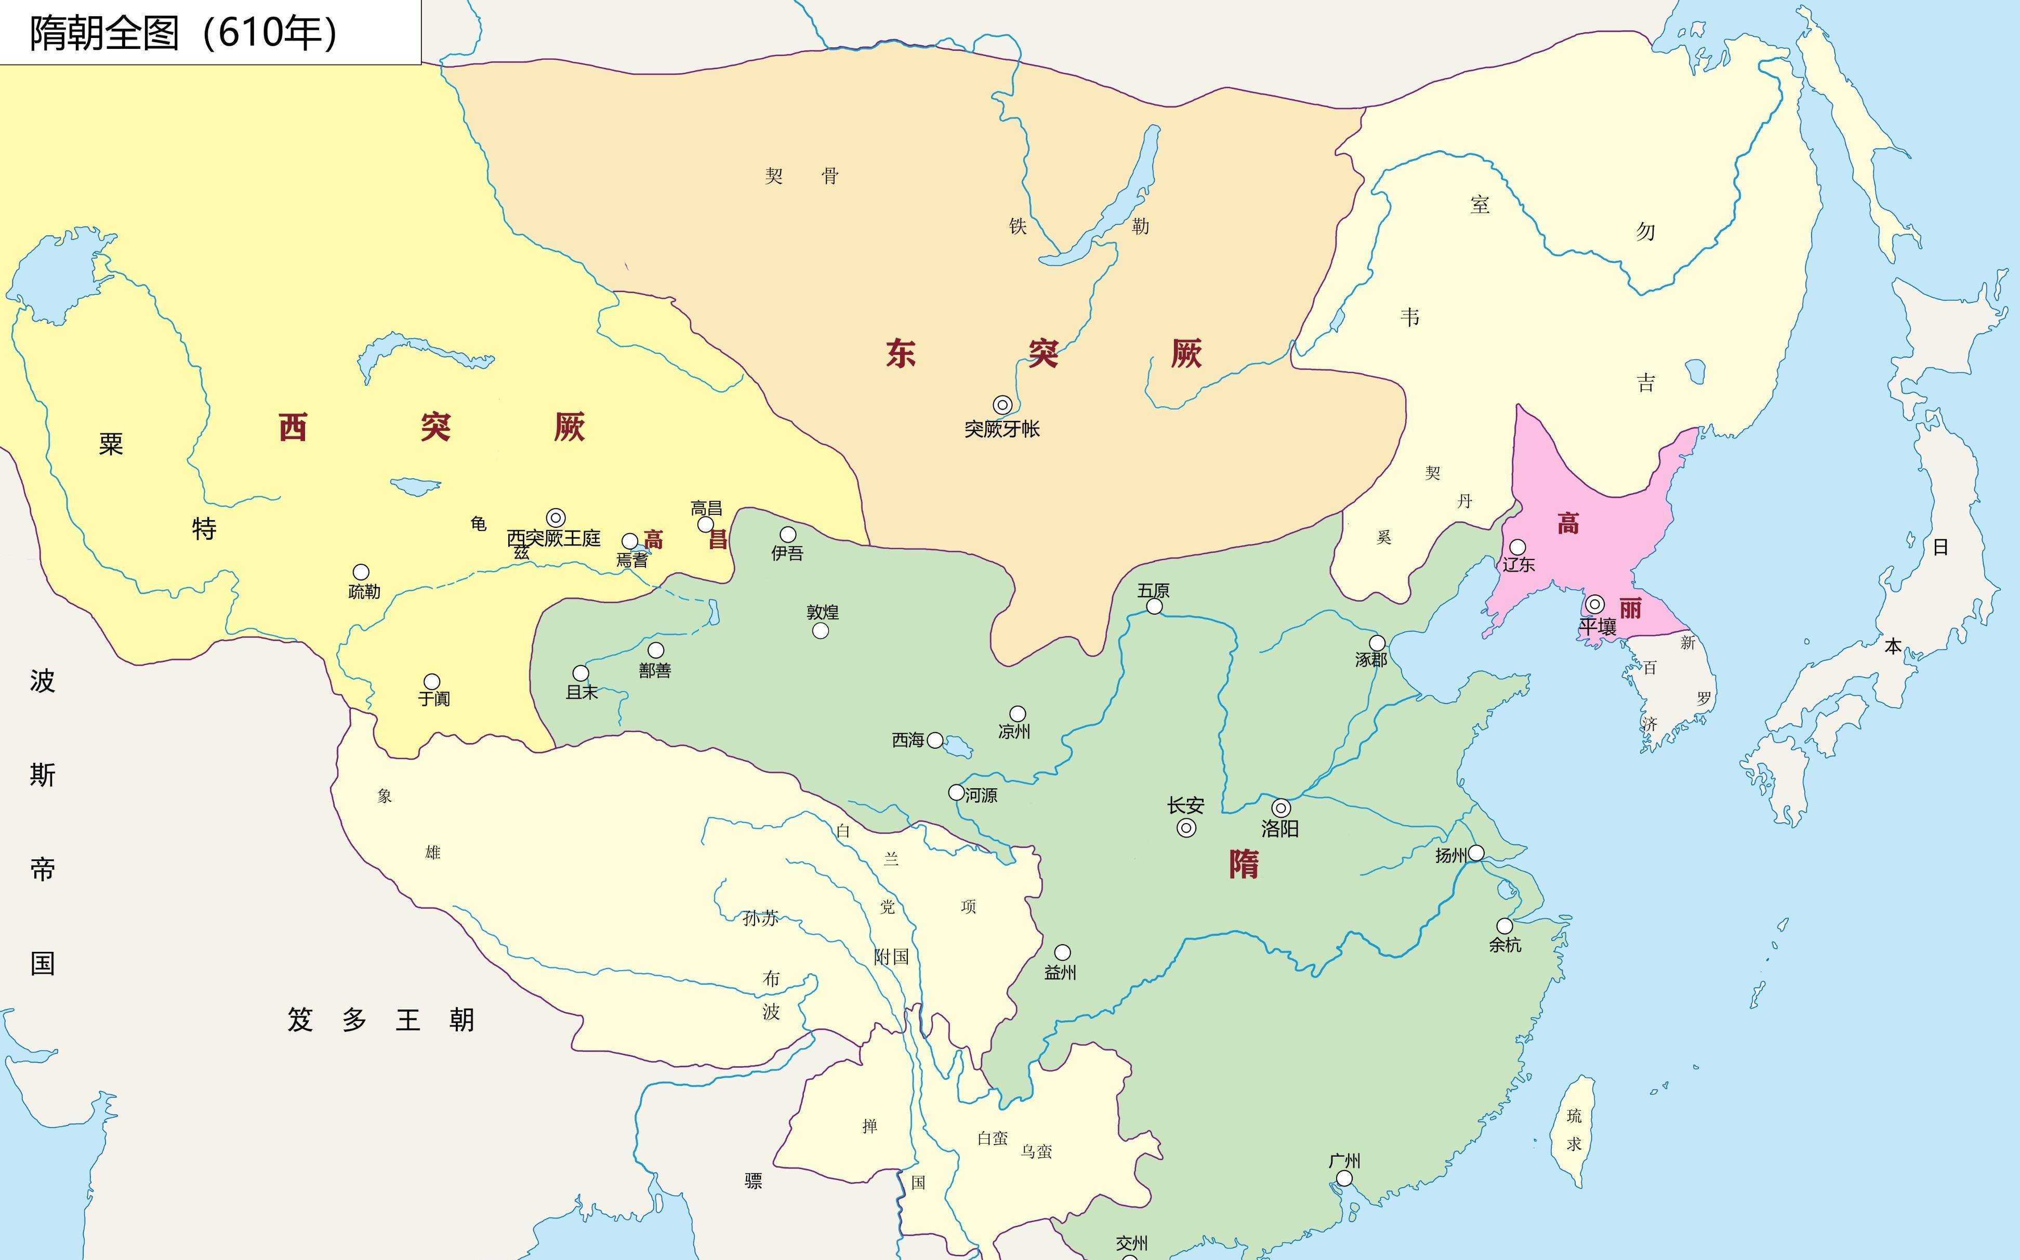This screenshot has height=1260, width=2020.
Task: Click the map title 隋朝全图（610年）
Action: (x=185, y=33)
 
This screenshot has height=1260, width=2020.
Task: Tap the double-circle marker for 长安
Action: (x=1186, y=828)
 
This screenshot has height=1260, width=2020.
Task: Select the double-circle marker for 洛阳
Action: (x=1281, y=807)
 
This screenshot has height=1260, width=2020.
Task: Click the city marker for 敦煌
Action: (x=821, y=631)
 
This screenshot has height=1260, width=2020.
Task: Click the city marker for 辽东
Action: (x=1517, y=548)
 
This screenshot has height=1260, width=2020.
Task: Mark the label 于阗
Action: (x=434, y=698)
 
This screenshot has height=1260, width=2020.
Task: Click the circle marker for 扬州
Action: (x=1476, y=853)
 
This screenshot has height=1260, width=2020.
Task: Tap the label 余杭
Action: (x=1505, y=945)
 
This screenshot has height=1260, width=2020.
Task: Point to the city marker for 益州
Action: (x=1063, y=952)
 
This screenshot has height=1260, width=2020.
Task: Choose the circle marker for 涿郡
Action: (x=1378, y=643)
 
